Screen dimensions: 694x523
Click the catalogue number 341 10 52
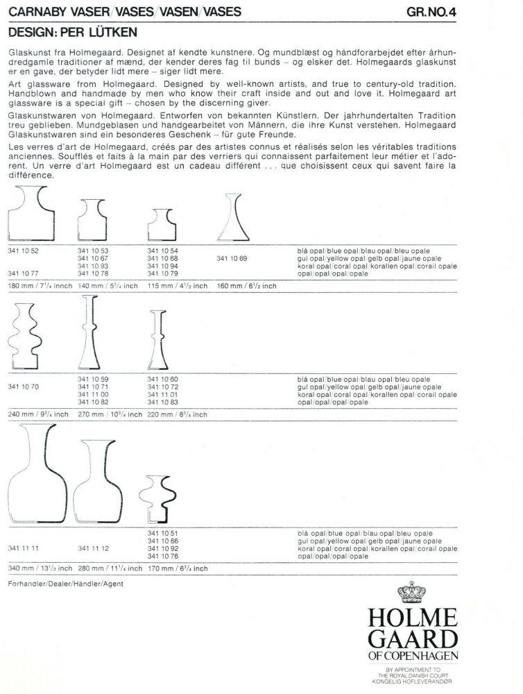coord(22,250)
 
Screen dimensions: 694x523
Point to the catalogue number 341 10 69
coord(232,258)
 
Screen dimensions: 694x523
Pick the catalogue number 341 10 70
coord(22,386)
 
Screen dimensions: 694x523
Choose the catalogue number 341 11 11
coord(22,548)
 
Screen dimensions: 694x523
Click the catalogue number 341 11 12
coord(94,548)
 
